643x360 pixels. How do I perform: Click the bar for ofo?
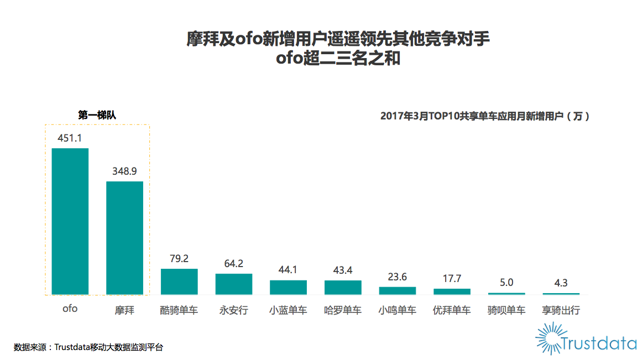coord(70,221)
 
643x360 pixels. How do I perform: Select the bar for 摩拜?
coord(124,238)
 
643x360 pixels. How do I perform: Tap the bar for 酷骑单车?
coord(179,281)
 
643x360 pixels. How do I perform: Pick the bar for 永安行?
coord(234,284)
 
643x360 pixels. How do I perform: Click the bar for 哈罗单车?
coord(343,287)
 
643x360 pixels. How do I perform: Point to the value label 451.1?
coord(70,138)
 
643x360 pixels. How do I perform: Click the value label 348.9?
coord(124,171)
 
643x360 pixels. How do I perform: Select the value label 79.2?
coord(179,258)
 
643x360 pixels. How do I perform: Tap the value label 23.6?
coord(397,276)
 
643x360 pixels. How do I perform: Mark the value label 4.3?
coord(561,283)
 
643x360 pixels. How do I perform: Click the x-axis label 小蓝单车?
coord(288,310)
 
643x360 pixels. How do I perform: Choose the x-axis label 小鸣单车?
coord(397,310)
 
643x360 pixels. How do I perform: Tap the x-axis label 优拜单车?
coord(452,310)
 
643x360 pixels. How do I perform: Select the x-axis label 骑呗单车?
coord(506,310)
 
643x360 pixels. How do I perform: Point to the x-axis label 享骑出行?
coord(561,310)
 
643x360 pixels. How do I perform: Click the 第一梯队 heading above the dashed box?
coord(97,115)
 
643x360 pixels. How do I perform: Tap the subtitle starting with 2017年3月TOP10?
coord(485,116)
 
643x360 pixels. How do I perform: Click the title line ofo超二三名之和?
coord(338,59)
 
